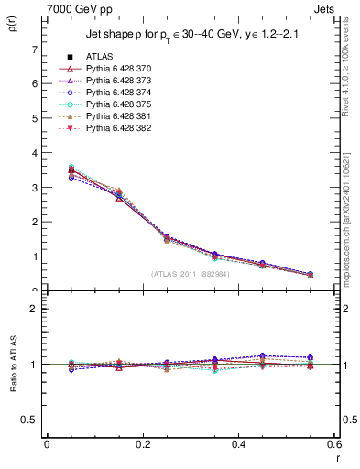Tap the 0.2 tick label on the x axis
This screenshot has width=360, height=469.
pos(143,444)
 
